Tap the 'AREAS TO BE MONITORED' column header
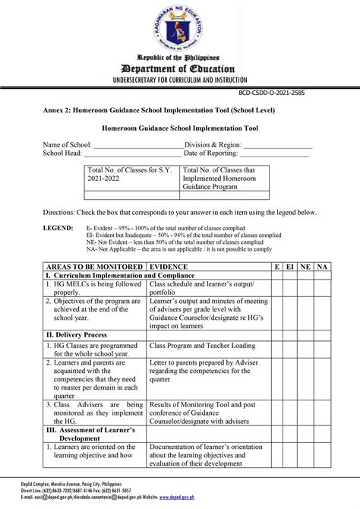click(93, 267)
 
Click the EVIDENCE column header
click(174, 267)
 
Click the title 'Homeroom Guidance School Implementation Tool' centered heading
click(180, 129)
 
